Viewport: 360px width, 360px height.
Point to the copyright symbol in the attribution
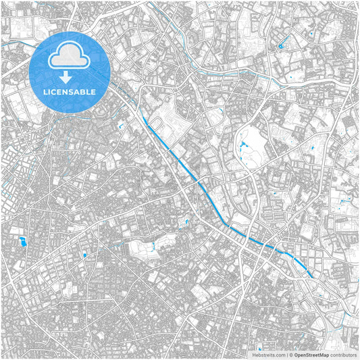pyautogui.click(x=290, y=354)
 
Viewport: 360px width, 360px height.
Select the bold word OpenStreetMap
pyautogui.click(x=311, y=354)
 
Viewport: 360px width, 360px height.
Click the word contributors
pyautogui.click(x=343, y=354)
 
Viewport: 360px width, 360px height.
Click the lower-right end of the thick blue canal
pyautogui.click(x=312, y=276)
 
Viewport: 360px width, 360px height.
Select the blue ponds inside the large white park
pyautogui.click(x=243, y=144)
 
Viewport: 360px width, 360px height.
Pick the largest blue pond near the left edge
pyautogui.click(x=23, y=241)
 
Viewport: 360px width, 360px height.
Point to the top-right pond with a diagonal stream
pyautogui.click(x=280, y=46)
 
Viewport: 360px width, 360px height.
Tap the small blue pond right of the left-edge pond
pyautogui.click(x=84, y=255)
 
